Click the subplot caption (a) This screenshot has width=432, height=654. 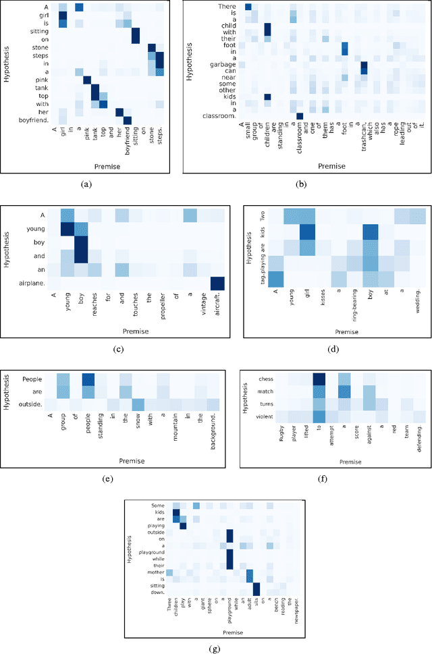coord(86,183)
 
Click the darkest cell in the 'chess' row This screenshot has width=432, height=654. coord(319,379)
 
